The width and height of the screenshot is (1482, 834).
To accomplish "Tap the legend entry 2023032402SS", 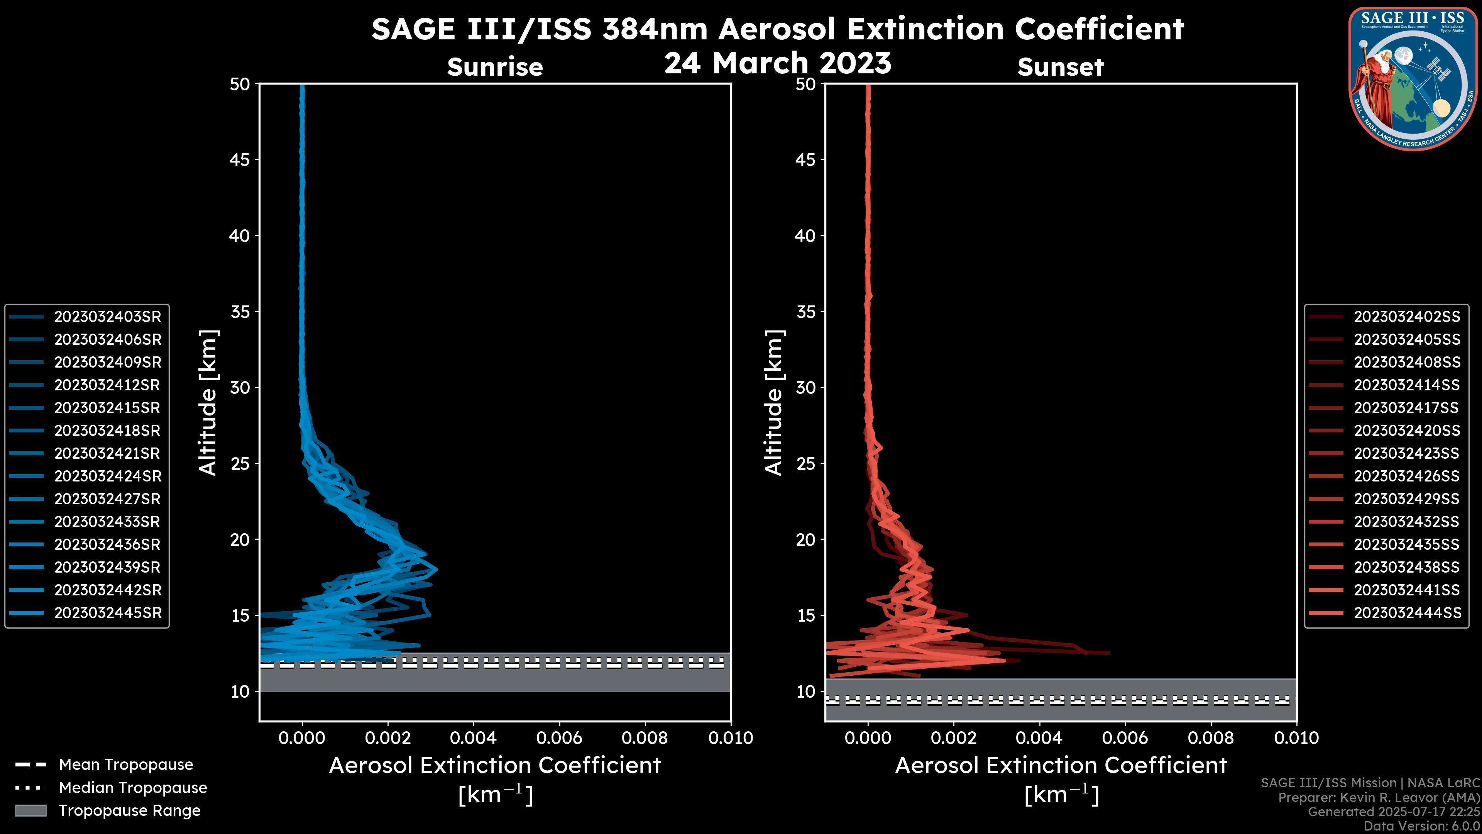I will [x=1407, y=317].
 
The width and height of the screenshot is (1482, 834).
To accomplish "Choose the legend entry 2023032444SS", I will [x=1407, y=613].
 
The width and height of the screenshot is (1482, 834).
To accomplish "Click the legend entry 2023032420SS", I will [x=1407, y=431].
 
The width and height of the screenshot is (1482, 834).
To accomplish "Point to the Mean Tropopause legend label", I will [x=126, y=765].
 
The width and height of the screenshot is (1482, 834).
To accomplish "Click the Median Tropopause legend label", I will [x=133, y=788].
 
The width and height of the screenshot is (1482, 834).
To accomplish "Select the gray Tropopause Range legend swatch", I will [x=31, y=810].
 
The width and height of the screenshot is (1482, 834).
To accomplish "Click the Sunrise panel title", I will [x=495, y=67].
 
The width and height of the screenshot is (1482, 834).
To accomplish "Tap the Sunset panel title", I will [x=1060, y=67].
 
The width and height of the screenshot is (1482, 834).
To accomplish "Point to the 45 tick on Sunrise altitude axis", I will [x=240, y=160].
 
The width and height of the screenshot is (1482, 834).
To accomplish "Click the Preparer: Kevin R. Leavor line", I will [x=1379, y=798].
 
